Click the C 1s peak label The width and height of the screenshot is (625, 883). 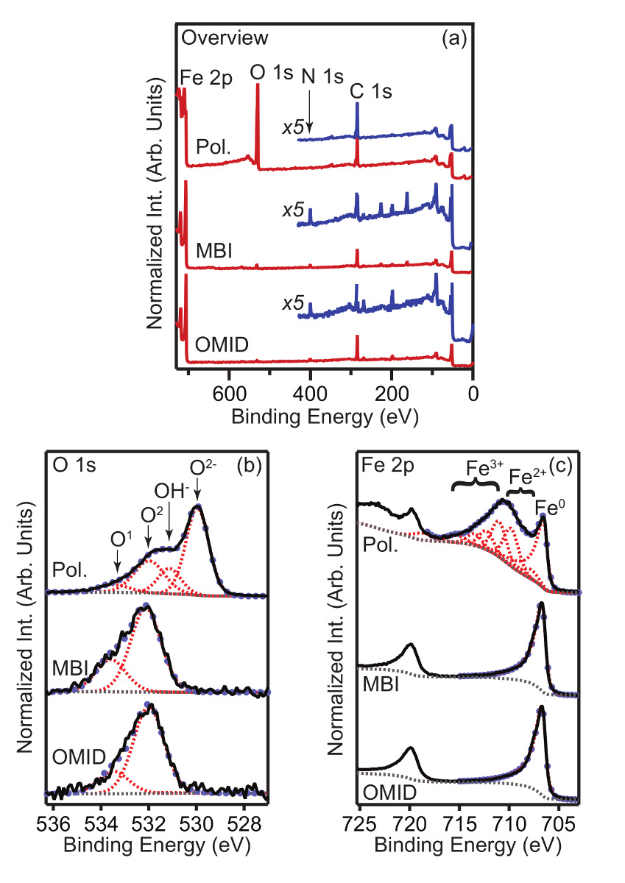click(x=371, y=92)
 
